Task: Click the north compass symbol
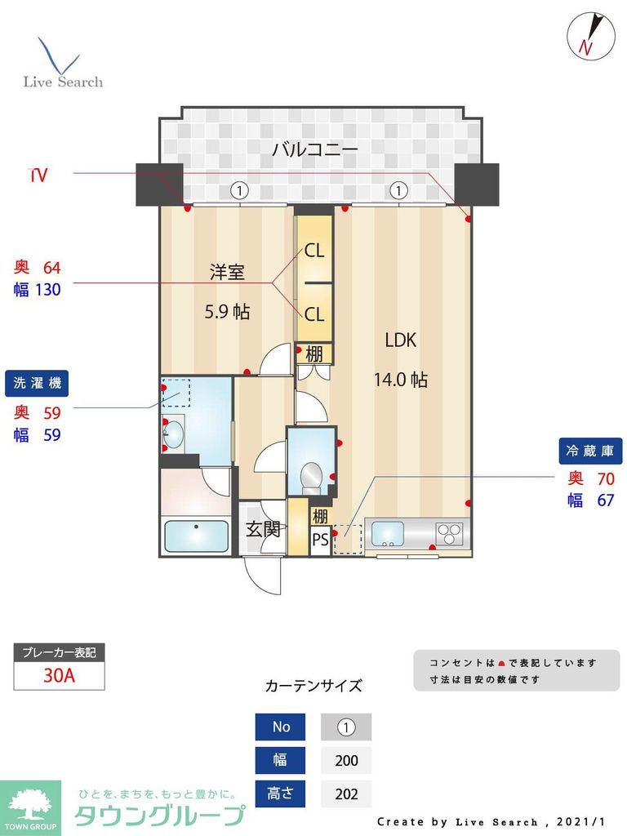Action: pos(589,35)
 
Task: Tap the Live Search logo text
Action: pos(63,82)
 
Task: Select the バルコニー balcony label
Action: pos(314,149)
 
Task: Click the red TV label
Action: pos(38,175)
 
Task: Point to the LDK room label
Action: pos(400,340)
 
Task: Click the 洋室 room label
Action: pos(227,273)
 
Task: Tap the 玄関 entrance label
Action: pos(263,529)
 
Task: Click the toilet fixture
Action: pos(310,474)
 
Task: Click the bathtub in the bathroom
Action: pos(196,536)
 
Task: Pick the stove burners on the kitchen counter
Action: pos(449,534)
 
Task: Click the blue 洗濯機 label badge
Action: pos(38,382)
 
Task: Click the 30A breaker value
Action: pos(59,676)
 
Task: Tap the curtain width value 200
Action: pos(346,760)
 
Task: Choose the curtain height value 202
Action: pos(346,794)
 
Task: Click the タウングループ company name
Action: pos(160,815)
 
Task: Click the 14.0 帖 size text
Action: pos(400,380)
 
